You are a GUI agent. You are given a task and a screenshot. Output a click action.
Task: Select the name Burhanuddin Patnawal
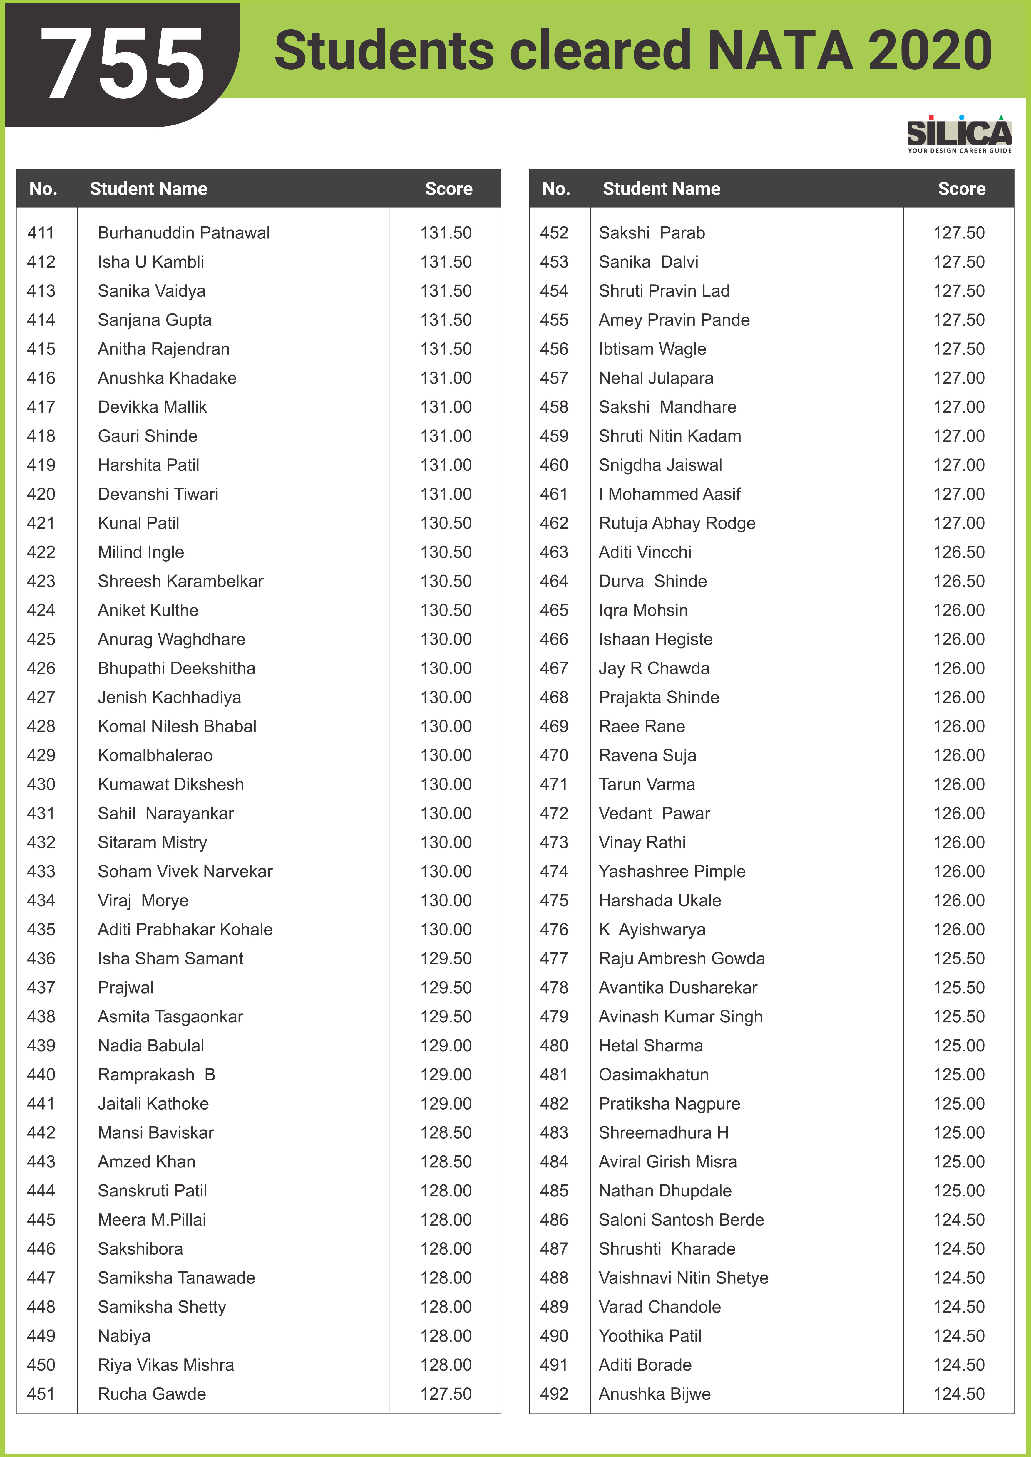coord(183,233)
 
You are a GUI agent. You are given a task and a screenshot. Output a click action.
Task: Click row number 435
coord(41,930)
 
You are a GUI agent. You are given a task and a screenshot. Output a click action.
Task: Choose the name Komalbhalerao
coord(155,755)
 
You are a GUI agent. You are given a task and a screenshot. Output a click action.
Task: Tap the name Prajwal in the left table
coord(126,987)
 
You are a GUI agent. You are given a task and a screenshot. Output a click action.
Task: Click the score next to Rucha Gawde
coord(446,1394)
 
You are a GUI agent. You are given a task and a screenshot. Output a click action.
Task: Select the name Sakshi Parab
coord(651,233)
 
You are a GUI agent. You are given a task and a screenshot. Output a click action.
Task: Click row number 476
coord(554,930)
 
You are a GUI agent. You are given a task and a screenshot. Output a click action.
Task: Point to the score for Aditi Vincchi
coord(959,552)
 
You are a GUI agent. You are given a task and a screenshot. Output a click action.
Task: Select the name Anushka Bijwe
coord(655,1394)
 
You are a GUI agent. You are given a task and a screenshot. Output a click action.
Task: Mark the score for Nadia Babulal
coord(446,1046)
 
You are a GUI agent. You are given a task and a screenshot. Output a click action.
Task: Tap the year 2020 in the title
coord(929,51)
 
